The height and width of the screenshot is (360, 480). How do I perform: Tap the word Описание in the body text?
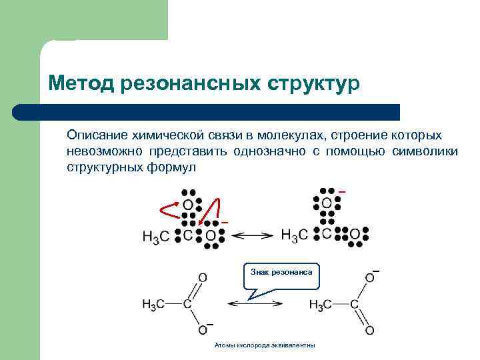[x=94, y=135]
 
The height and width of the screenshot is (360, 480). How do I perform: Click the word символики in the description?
[x=426, y=151]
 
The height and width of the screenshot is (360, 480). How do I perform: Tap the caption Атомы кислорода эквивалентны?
[x=265, y=345]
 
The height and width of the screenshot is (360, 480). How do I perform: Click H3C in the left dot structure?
[x=155, y=237]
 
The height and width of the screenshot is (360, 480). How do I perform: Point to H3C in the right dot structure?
[x=294, y=235]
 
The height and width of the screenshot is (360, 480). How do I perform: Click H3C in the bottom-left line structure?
[x=154, y=305]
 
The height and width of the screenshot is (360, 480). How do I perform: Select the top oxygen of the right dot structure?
[x=327, y=203]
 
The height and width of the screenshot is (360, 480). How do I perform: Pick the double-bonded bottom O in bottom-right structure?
[x=369, y=331]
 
